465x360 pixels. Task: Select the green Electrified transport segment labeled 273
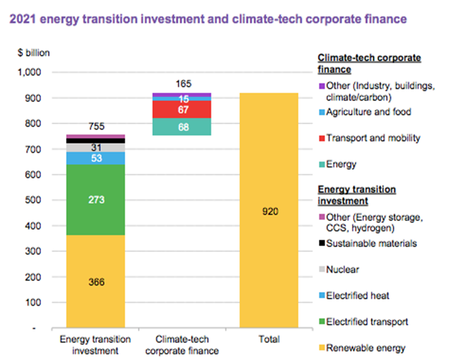click(95, 200)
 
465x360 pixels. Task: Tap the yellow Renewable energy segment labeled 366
click(95, 282)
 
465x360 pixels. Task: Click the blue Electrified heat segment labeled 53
click(95, 158)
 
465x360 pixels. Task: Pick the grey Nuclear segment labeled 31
click(95, 148)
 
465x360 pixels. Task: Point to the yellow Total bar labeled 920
click(269, 211)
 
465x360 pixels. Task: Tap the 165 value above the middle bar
click(183, 85)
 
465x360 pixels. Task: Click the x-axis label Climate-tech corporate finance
click(183, 345)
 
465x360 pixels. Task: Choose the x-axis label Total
click(269, 339)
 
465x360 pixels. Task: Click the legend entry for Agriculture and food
click(368, 112)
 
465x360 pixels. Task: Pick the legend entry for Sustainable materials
click(371, 243)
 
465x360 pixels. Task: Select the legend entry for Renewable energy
click(365, 348)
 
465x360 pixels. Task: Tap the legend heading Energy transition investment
click(357, 195)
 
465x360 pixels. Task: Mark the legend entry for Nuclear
click(342, 269)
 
